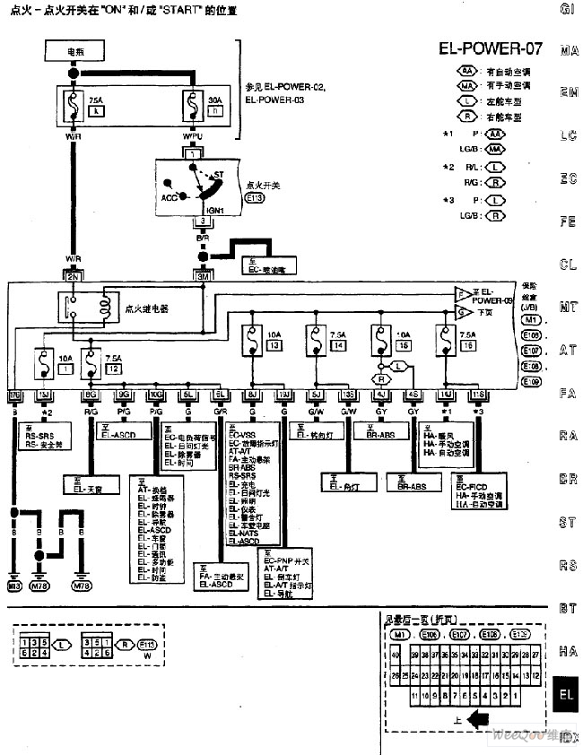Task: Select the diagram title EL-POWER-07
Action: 491,48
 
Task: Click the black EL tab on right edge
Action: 567,694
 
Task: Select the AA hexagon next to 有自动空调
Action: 468,70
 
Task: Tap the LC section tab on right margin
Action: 567,136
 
